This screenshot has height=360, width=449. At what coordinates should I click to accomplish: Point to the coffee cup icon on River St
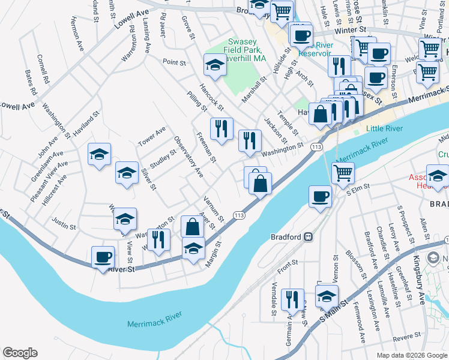click(x=103, y=257)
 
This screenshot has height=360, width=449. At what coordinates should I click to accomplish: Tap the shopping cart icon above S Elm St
click(x=343, y=173)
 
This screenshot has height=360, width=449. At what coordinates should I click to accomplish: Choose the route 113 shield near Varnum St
click(x=239, y=215)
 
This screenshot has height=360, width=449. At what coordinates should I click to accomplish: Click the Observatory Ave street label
click(x=188, y=157)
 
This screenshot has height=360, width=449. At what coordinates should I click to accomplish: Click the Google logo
click(x=20, y=353)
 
